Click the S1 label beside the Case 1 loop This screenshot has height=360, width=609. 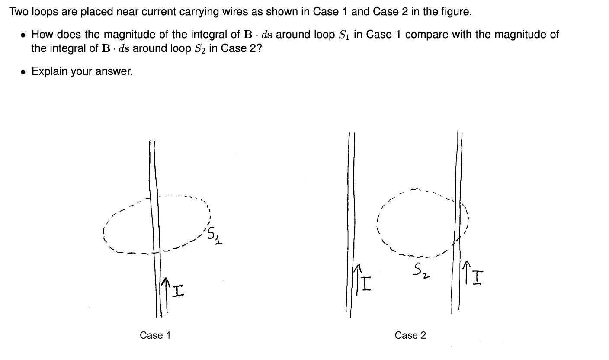pos(214,236)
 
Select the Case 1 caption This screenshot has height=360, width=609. pos(155,335)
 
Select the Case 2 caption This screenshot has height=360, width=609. pos(410,335)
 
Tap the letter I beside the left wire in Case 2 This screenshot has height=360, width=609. pos(366,283)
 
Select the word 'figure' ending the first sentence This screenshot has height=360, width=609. pos(456,12)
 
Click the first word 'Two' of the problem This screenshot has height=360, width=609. pos(18,12)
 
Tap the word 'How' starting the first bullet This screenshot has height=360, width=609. pos(41,35)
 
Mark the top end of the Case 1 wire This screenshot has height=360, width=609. pos(152,142)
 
